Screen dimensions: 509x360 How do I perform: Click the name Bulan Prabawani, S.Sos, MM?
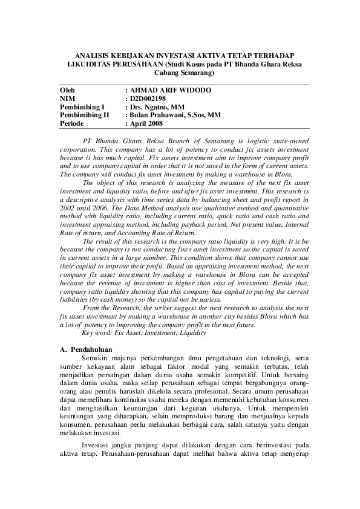pyautogui.click(x=175, y=115)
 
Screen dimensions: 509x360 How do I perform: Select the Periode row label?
pyautogui.click(x=71, y=123)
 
